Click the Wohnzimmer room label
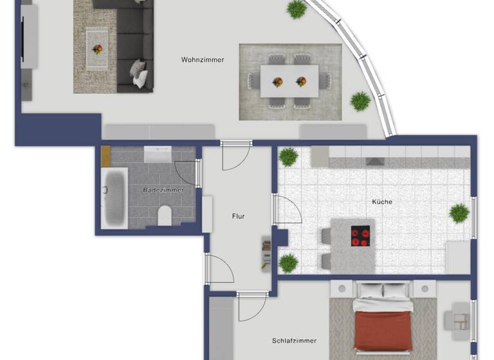coord(203,60)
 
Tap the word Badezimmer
coord(163,190)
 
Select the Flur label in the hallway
coord(238,217)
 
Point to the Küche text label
coord(382,202)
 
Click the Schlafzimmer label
coord(294,341)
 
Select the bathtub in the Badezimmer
coord(114,196)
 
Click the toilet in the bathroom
coord(165,216)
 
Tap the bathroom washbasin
coord(157,154)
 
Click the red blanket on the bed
coord(383,330)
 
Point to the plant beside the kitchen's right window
coord(459,213)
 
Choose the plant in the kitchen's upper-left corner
coord(288,156)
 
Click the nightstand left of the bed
coord(342,289)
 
